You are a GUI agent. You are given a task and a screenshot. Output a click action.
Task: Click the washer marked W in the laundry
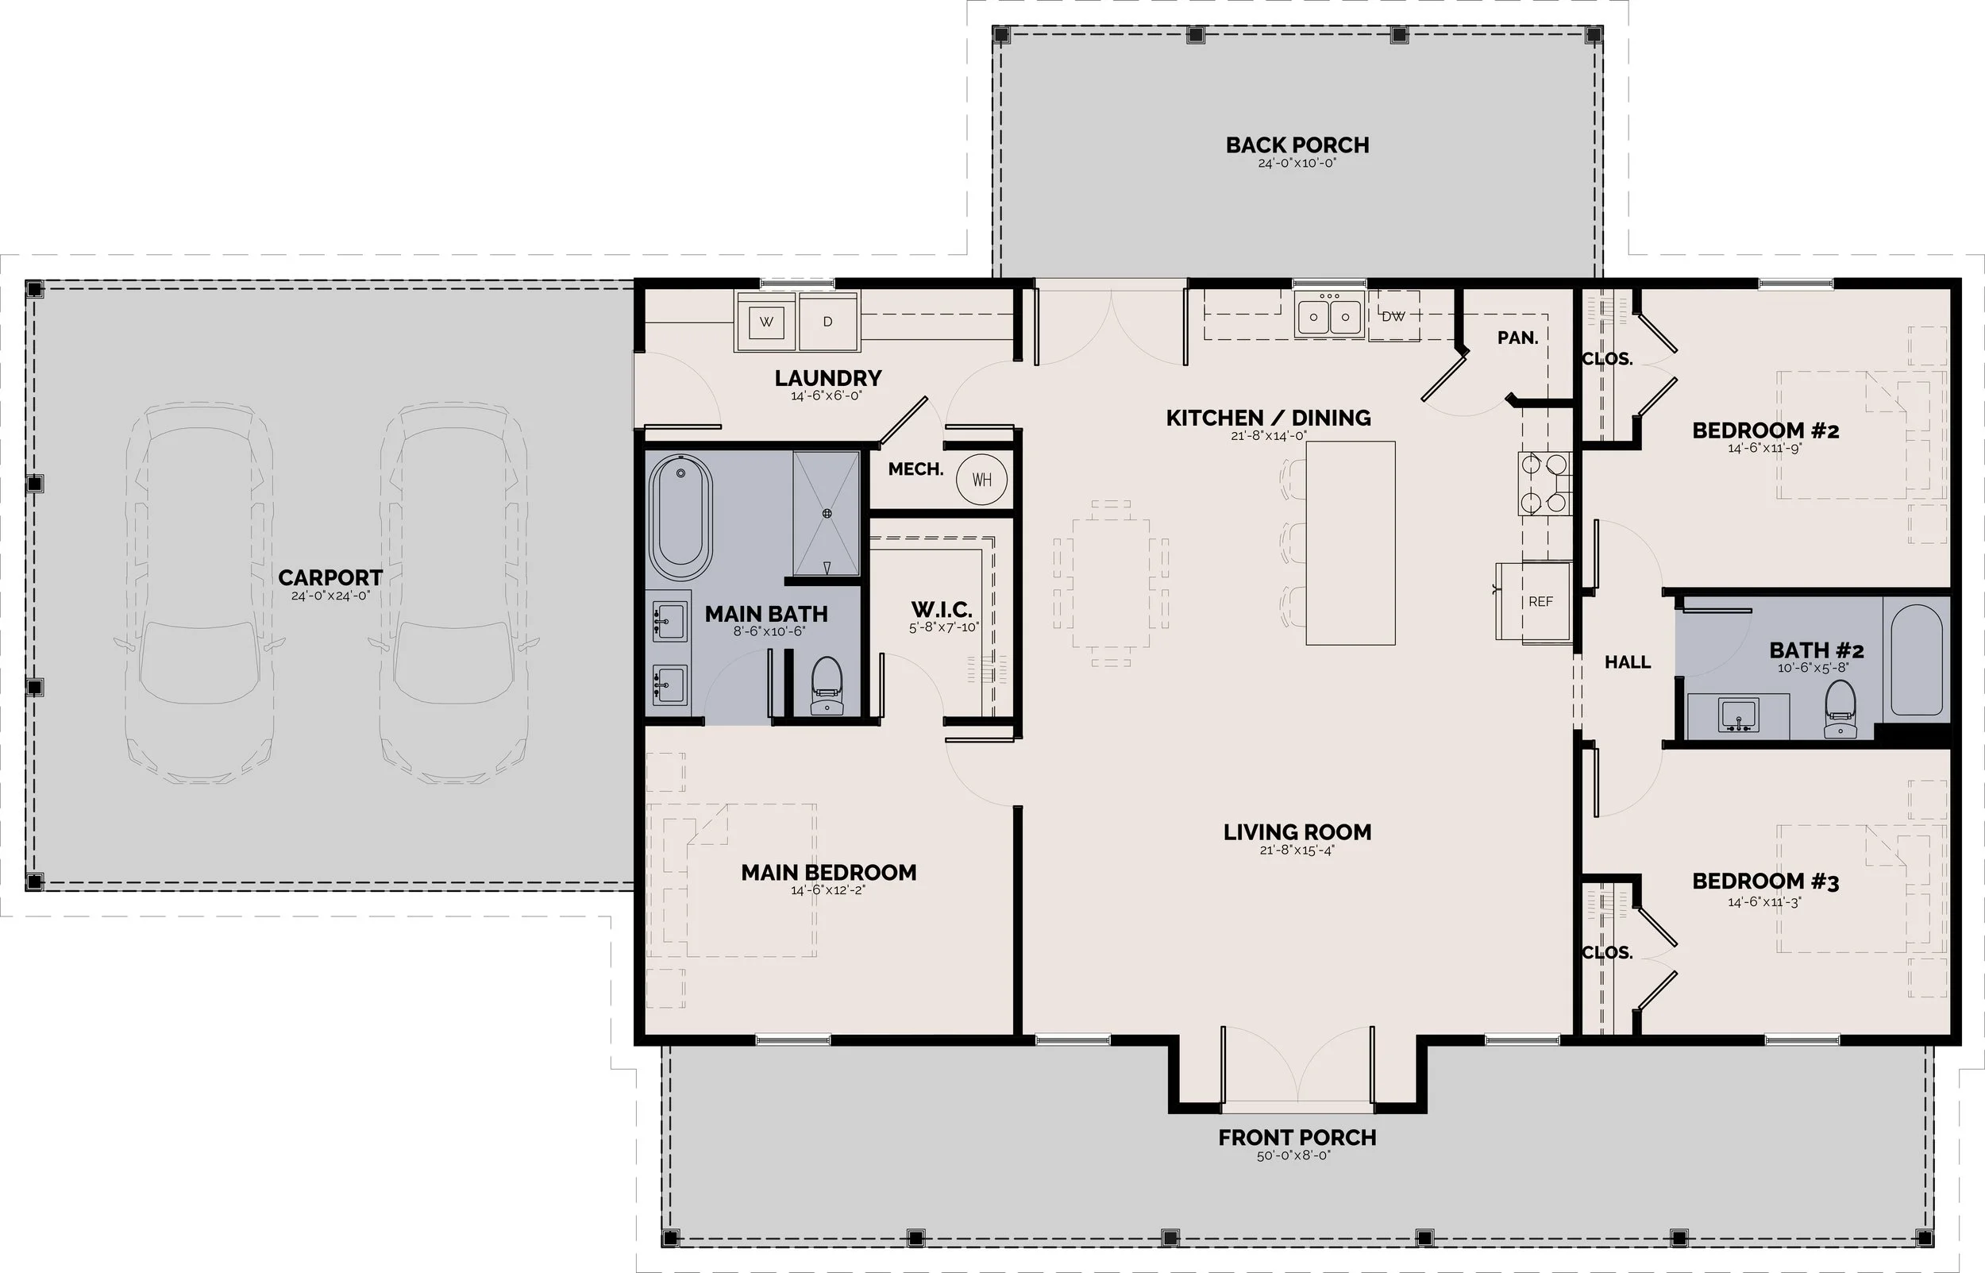[x=767, y=321]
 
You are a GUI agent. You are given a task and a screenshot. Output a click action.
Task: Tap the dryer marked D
[x=828, y=321]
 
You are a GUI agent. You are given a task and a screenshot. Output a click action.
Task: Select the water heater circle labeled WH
[x=981, y=480]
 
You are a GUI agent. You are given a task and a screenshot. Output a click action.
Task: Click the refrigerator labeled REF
[x=1534, y=601]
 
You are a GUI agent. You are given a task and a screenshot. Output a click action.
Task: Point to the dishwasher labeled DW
[x=1393, y=316]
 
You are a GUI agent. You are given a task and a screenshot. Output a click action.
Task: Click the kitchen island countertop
[x=1351, y=543]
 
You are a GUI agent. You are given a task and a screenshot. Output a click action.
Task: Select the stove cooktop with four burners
[x=1544, y=484]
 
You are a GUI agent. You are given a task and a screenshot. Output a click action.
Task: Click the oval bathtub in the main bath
[x=680, y=518]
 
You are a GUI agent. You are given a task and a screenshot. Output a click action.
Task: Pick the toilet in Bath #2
[x=1840, y=708]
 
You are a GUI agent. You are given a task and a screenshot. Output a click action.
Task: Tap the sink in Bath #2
[x=1738, y=715]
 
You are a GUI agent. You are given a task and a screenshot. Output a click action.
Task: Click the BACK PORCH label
[x=1297, y=145]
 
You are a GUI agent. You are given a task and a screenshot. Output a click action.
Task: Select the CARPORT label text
[x=330, y=578]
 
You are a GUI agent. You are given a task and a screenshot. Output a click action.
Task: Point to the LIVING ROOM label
[x=1297, y=832]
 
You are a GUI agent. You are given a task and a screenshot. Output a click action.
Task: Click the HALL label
[x=1628, y=662]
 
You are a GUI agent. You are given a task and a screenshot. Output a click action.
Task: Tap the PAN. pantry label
[x=1518, y=338]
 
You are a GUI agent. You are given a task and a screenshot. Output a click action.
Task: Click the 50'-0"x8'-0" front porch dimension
[x=1294, y=1155]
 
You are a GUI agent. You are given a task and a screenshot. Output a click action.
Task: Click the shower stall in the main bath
[x=827, y=513]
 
